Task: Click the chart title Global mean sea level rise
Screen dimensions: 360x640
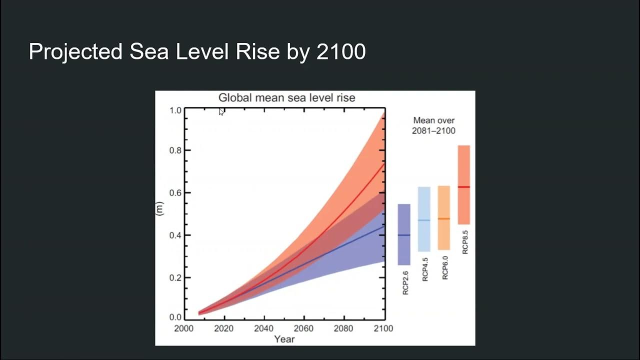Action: (x=286, y=97)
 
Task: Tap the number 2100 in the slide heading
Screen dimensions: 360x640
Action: (x=341, y=52)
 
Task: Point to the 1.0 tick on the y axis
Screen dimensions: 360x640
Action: (x=175, y=109)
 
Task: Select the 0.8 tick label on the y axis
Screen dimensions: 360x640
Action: (x=175, y=150)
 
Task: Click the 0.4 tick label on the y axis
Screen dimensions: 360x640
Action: (x=175, y=235)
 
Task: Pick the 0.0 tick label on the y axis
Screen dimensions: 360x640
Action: (x=175, y=317)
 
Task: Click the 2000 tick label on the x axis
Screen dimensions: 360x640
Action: (x=183, y=328)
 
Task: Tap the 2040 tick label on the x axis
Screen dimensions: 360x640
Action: (x=263, y=328)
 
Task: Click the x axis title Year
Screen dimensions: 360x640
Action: (x=284, y=339)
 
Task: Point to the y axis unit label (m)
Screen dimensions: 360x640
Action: (x=160, y=209)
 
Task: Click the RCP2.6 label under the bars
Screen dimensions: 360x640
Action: (x=405, y=283)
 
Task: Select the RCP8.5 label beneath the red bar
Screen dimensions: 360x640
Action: (x=465, y=242)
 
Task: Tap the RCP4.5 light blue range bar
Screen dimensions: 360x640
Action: (x=424, y=219)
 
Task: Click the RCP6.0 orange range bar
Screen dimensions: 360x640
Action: (x=444, y=217)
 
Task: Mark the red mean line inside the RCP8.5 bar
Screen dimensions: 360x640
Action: (x=463, y=187)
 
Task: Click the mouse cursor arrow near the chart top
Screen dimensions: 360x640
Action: (x=221, y=112)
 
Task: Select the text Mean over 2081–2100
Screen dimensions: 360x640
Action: (x=433, y=125)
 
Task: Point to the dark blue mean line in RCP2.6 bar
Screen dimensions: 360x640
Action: (x=404, y=235)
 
